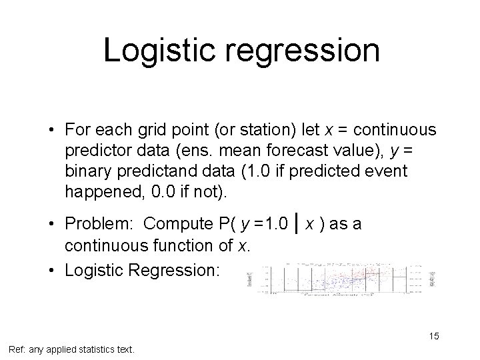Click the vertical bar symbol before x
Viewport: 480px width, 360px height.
coord(296,223)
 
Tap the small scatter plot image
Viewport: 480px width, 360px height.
coord(340,278)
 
